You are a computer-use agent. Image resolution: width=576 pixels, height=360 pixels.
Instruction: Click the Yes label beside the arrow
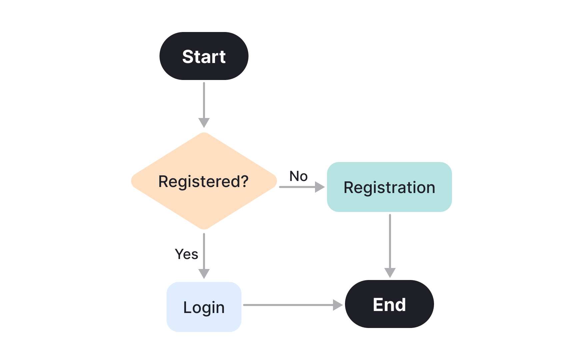tap(186, 254)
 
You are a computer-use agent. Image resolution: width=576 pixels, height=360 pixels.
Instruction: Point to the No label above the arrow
tap(298, 176)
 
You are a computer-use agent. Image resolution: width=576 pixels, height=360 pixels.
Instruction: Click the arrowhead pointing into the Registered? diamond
tap(204, 122)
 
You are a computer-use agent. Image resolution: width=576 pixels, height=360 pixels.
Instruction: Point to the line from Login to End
tap(287, 305)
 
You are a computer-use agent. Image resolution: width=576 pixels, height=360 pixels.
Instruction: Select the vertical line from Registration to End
tap(390, 240)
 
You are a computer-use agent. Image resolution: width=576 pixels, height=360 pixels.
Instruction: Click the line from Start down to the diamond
tap(204, 100)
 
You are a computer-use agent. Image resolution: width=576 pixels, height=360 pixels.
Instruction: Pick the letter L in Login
tap(188, 307)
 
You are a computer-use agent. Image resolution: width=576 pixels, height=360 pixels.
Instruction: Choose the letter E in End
tap(379, 305)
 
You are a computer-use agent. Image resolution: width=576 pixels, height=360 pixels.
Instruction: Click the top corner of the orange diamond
tap(204, 134)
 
